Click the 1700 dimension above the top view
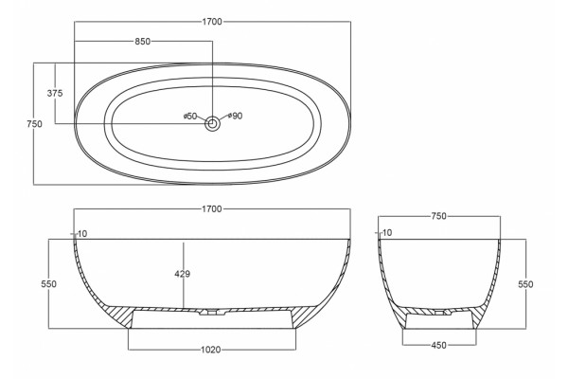(212, 22)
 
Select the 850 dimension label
(142, 42)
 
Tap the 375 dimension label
(55, 93)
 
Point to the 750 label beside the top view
(34, 124)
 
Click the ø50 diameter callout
(190, 116)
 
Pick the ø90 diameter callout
(236, 116)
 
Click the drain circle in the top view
(213, 124)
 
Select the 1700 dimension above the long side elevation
(211, 209)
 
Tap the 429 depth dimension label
(182, 274)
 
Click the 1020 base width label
(211, 350)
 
